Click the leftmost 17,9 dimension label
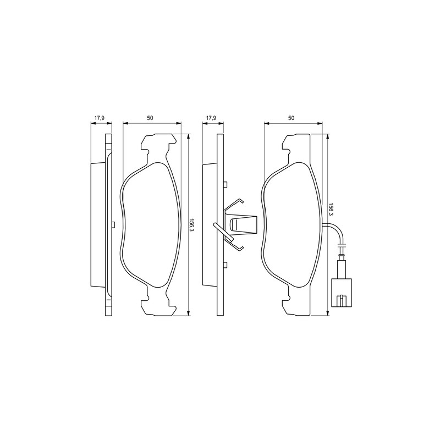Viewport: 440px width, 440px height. pos(99,118)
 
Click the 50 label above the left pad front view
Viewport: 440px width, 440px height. pos(150,118)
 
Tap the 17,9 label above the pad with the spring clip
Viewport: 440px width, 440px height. pos(211,118)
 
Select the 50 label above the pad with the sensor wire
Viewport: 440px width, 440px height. pos(291,118)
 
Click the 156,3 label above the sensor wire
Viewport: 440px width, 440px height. pos(331,210)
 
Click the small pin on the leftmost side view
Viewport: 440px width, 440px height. pos(113,224)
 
